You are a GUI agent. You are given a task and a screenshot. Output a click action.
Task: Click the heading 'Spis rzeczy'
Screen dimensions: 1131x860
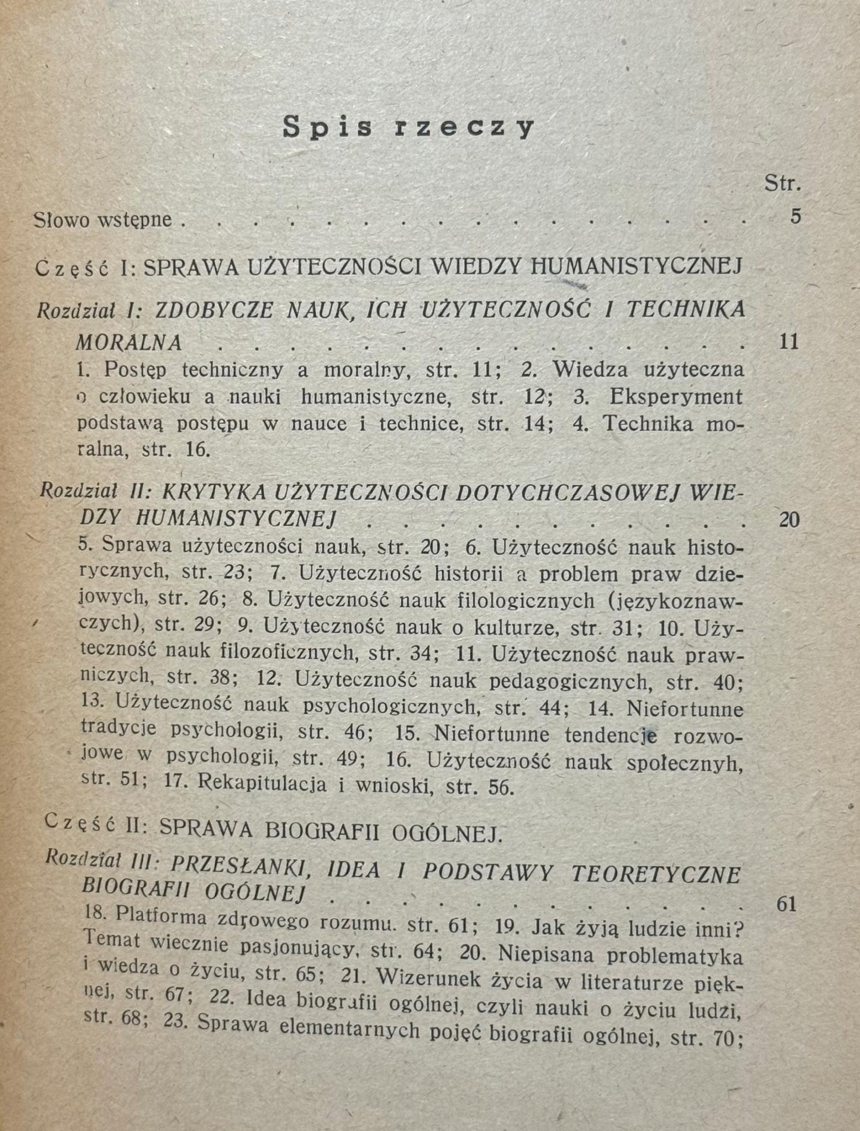click(408, 126)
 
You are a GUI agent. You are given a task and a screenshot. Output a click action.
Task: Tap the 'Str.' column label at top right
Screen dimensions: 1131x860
click(782, 183)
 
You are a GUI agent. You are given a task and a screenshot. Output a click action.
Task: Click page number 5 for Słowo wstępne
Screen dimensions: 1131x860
click(796, 216)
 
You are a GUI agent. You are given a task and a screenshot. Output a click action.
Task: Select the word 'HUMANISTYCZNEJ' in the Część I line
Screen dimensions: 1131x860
click(636, 268)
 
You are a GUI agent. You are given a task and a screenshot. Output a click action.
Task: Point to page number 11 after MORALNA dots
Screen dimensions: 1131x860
click(789, 342)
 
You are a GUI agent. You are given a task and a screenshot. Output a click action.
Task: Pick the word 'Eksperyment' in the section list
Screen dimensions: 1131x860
click(676, 397)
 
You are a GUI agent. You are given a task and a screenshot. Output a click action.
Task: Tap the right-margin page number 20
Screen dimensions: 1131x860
click(789, 520)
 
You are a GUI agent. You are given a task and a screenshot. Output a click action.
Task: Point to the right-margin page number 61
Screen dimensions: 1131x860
click(787, 904)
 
